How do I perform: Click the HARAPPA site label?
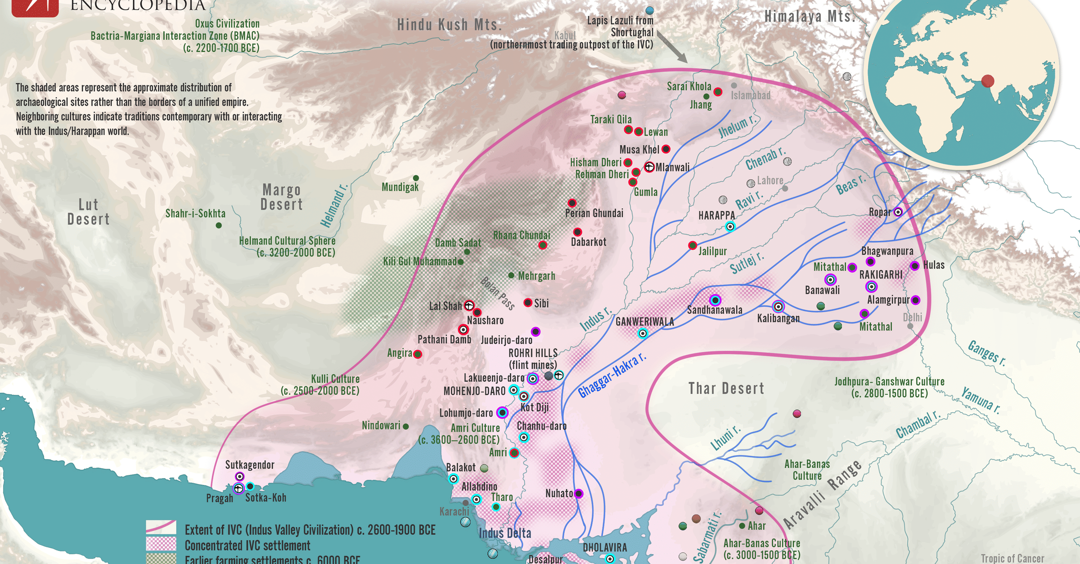(x=716, y=215)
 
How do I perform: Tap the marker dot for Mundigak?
(x=416, y=179)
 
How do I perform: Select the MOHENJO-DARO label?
(x=474, y=391)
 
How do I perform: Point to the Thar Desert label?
(x=726, y=388)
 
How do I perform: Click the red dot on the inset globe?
(x=987, y=81)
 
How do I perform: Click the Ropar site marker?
(x=898, y=212)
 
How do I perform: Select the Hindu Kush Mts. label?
(x=449, y=25)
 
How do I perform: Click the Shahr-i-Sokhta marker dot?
(x=219, y=225)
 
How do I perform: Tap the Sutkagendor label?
(x=250, y=465)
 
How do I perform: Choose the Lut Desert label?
(x=88, y=212)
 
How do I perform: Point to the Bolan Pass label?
(x=497, y=293)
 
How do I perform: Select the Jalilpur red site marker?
(x=693, y=246)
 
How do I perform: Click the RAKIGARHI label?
(x=881, y=274)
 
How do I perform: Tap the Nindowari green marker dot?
(x=405, y=426)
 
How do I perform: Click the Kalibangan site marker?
(x=778, y=307)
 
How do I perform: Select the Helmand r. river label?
(x=334, y=206)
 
